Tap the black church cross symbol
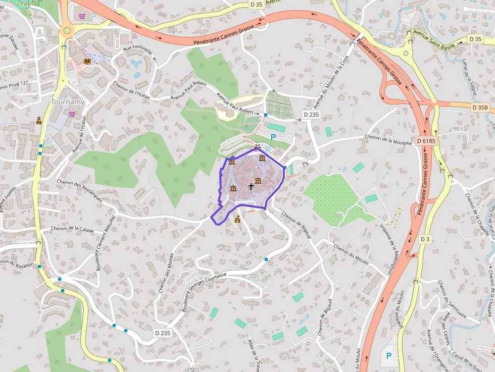[x=251, y=186]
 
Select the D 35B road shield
[x=479, y=108]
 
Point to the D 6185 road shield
[x=426, y=141]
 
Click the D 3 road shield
[x=425, y=239]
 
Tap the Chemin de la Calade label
[x=72, y=230]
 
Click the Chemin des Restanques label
[x=79, y=191]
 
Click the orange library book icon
[x=88, y=61]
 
